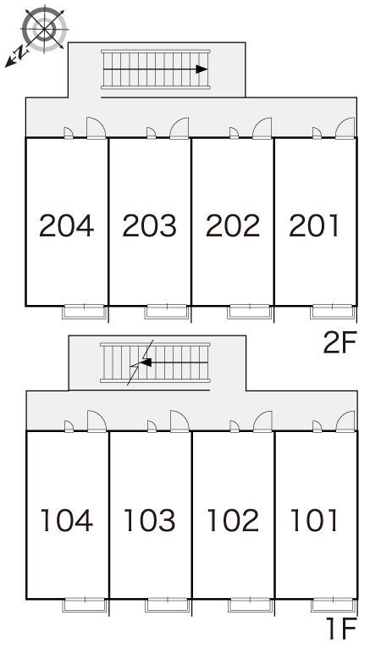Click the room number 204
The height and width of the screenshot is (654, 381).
click(67, 225)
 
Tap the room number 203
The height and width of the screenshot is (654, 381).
click(149, 225)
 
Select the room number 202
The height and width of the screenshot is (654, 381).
click(233, 225)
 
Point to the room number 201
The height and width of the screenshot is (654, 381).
click(313, 225)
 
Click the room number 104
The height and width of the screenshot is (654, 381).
click(67, 520)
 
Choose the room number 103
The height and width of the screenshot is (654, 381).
click(149, 520)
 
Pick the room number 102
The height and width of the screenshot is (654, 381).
click(233, 520)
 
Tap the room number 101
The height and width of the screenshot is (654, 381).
click(313, 520)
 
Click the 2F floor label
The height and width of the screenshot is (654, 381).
click(340, 342)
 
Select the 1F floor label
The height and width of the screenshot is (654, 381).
click(342, 629)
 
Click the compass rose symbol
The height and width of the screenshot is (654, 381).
click(44, 29)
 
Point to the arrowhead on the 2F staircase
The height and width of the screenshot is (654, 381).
click(202, 69)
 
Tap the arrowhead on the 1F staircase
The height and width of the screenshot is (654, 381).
click(146, 363)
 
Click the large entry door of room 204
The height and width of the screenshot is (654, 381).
click(96, 128)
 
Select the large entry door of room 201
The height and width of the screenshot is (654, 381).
click(345, 128)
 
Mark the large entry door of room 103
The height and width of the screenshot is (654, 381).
click(179, 421)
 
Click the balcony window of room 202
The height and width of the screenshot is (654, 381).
click(250, 312)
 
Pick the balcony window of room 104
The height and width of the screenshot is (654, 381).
click(85, 605)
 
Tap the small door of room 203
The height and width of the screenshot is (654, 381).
click(152, 133)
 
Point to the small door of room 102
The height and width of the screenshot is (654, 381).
click(235, 426)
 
